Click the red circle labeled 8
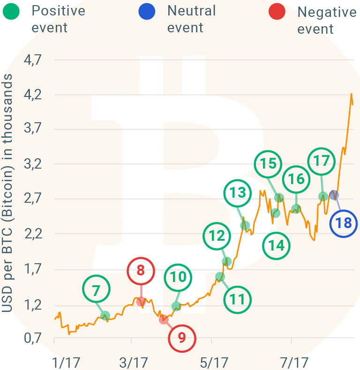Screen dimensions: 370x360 [141, 271]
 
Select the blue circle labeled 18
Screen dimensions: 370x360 [344, 223]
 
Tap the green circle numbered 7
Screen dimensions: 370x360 [96, 290]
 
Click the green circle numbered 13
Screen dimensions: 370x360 [238, 192]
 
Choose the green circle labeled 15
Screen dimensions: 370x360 [268, 164]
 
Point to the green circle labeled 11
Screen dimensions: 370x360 [238, 299]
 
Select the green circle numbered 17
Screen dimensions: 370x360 [322, 161]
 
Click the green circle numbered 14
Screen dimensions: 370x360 [277, 245]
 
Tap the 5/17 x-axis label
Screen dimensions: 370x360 [213, 362]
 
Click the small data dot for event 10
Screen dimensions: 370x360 [176, 307]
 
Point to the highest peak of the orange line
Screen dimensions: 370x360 [351, 94]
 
